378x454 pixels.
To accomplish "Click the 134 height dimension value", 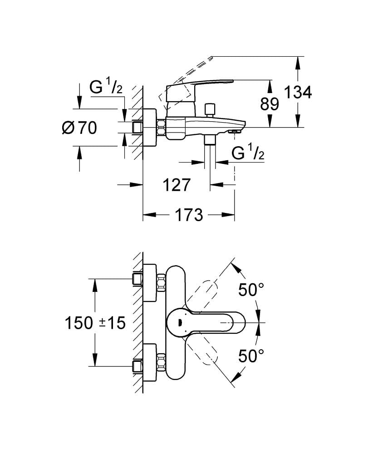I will pos(298,93).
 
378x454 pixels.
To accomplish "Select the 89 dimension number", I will pos(269,104).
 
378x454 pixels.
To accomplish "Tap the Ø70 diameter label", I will pos(79,128).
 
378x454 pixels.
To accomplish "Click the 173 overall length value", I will pos(188,215).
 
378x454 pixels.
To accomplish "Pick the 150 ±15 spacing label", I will pos(94,323).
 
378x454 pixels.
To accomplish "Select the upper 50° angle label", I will pos(251,290).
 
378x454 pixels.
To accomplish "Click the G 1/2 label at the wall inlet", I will pos(106,87).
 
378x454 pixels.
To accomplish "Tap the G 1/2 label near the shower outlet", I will pos(248,153).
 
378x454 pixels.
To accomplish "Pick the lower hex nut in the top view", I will pos(161,362).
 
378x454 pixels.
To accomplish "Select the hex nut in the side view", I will pos(161,127).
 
